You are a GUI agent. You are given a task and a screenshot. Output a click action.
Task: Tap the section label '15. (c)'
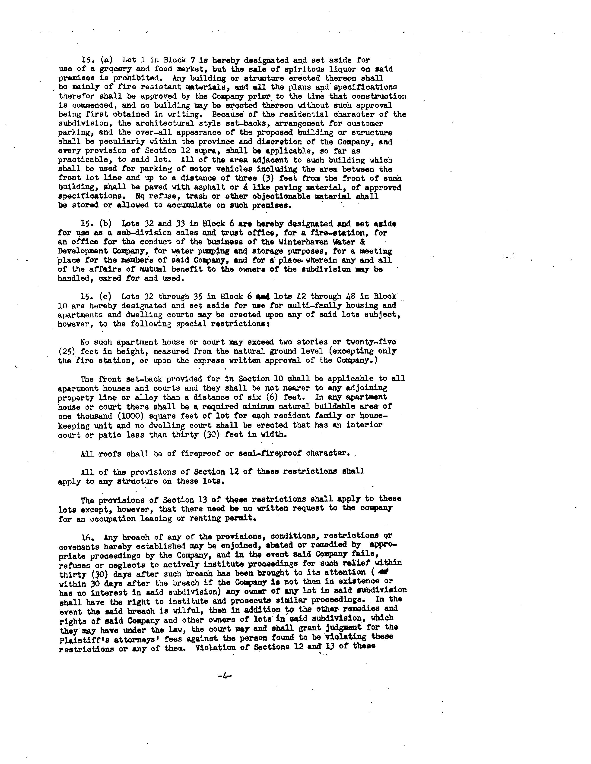[x=96, y=296]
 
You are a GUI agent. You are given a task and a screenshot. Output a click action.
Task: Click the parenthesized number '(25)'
[x=67, y=351]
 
